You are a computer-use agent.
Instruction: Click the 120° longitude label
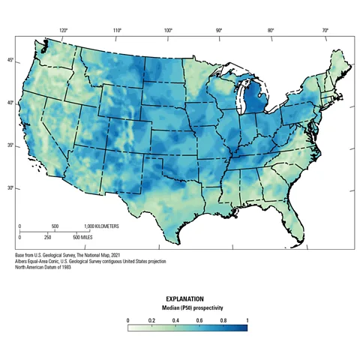pyautogui.click(x=64, y=31)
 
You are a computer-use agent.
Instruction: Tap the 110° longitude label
pyautogui.click(x=117, y=31)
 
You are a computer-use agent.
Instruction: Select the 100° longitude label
pyautogui.click(x=168, y=31)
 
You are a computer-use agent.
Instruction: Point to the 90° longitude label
pyautogui.click(x=219, y=31)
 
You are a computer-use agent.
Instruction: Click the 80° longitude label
pyautogui.click(x=271, y=31)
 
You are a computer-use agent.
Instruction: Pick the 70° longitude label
pyautogui.click(x=325, y=31)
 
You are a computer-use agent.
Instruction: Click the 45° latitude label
pyautogui.click(x=10, y=60)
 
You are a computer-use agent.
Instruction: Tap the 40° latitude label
pyautogui.click(x=10, y=103)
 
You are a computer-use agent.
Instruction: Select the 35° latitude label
pyautogui.click(x=10, y=145)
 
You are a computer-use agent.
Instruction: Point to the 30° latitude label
pyautogui.click(x=10, y=188)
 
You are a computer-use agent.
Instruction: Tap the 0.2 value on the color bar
pyautogui.click(x=151, y=319)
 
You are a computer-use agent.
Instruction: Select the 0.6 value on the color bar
pyautogui.click(x=200, y=319)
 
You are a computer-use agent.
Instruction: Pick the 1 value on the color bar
pyautogui.click(x=247, y=319)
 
